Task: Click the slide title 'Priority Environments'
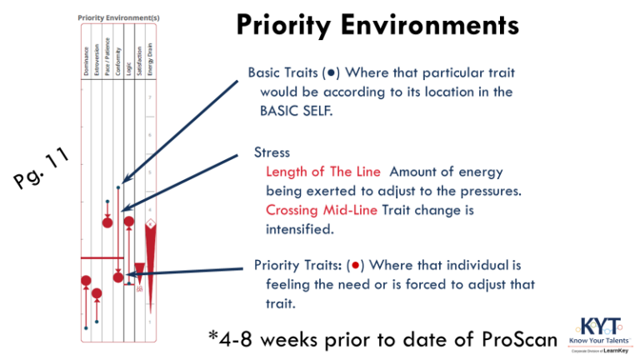[377, 25]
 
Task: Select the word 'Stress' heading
[272, 153]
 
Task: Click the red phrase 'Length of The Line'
[322, 172]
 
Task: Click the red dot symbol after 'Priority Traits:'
[354, 266]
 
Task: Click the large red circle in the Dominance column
[85, 281]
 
